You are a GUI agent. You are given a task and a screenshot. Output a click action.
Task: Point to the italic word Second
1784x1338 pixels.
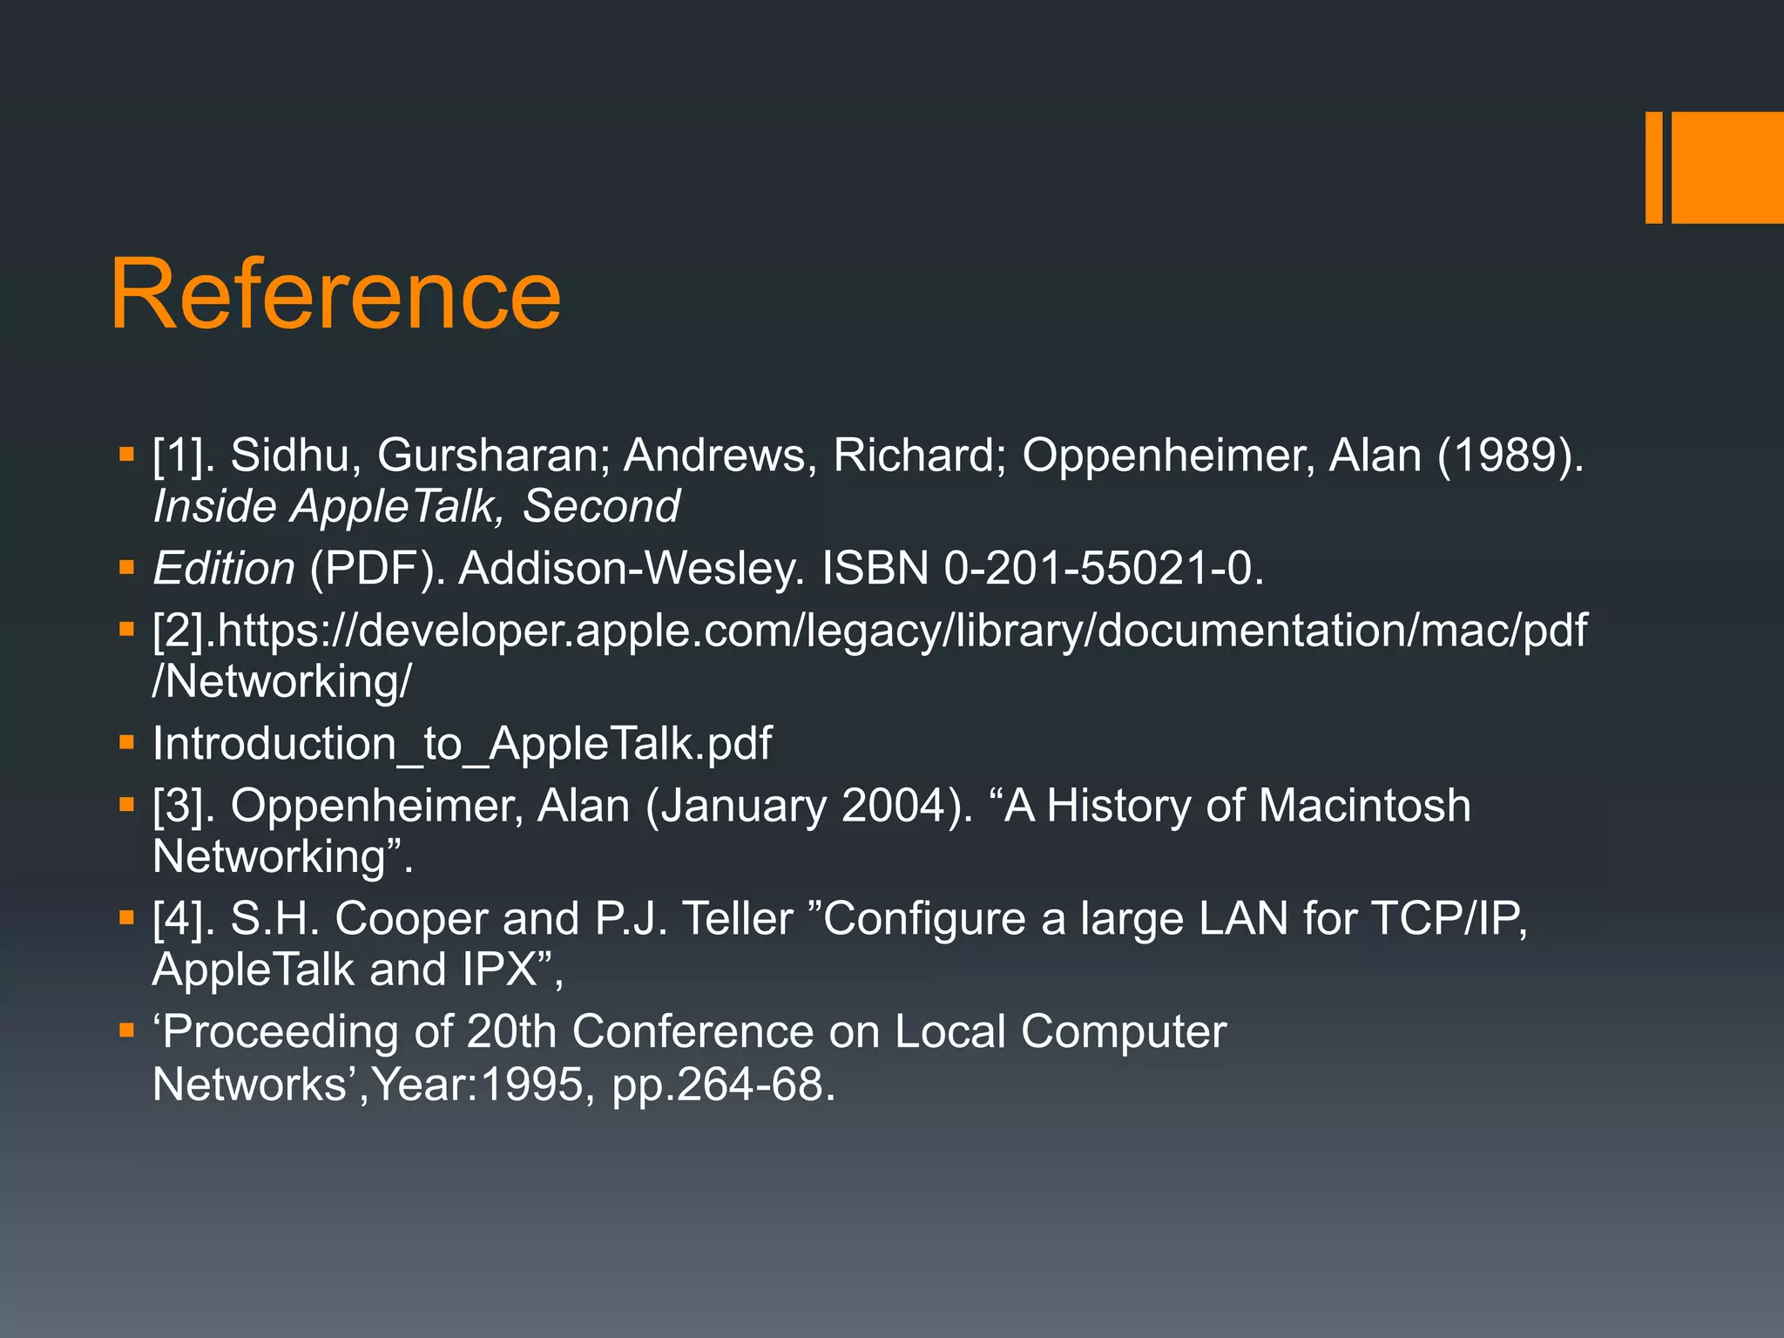point(601,507)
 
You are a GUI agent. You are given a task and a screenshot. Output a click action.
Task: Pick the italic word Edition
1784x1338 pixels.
point(224,569)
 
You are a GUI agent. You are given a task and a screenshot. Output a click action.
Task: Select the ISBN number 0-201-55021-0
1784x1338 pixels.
point(1103,569)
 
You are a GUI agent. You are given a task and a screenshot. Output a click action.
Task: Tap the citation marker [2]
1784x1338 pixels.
point(182,631)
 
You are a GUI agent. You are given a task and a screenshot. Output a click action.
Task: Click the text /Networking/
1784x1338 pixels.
point(281,681)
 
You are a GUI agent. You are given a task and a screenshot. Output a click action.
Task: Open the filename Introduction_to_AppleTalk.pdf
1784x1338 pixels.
point(462,744)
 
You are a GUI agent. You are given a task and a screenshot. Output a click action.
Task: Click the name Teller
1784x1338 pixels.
point(738,919)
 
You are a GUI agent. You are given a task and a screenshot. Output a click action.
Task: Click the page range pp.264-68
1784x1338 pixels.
point(721,1085)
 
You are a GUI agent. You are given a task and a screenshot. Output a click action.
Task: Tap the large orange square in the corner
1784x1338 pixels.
point(1727,167)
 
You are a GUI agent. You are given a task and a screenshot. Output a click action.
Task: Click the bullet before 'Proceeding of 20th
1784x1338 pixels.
point(127,1031)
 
